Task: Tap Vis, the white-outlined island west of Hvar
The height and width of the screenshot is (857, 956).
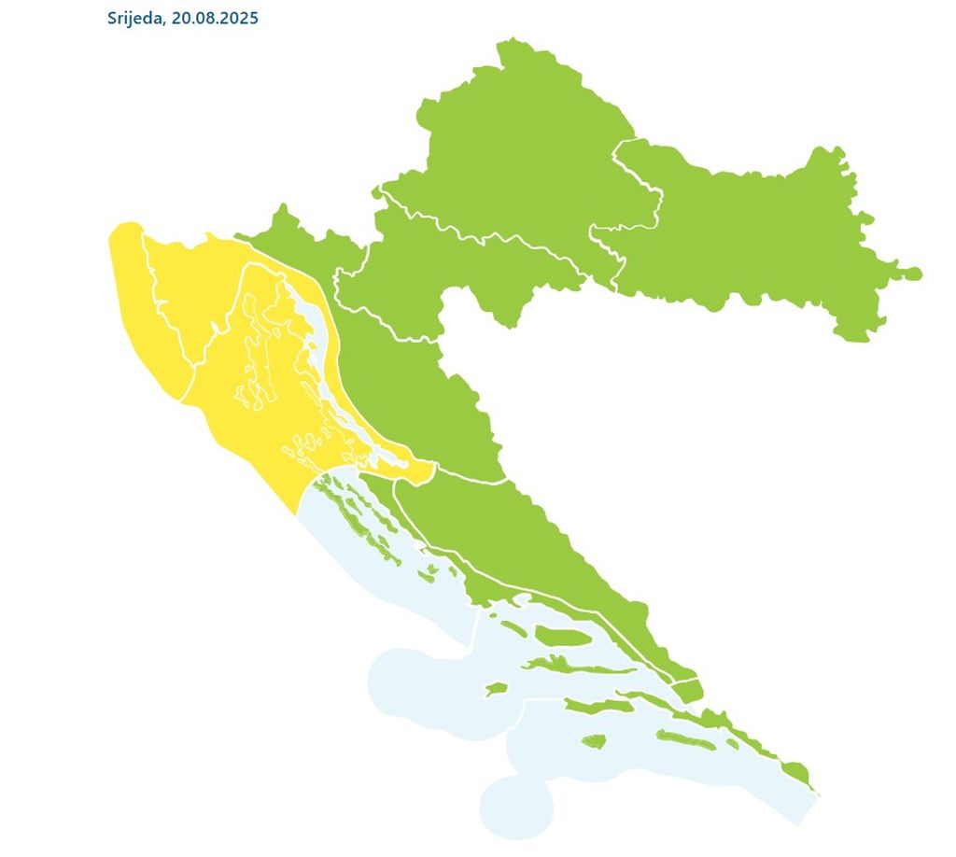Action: (x=496, y=689)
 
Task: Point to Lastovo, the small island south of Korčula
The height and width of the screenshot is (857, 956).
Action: (x=594, y=742)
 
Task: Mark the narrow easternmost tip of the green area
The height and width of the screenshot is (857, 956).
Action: (x=910, y=274)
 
